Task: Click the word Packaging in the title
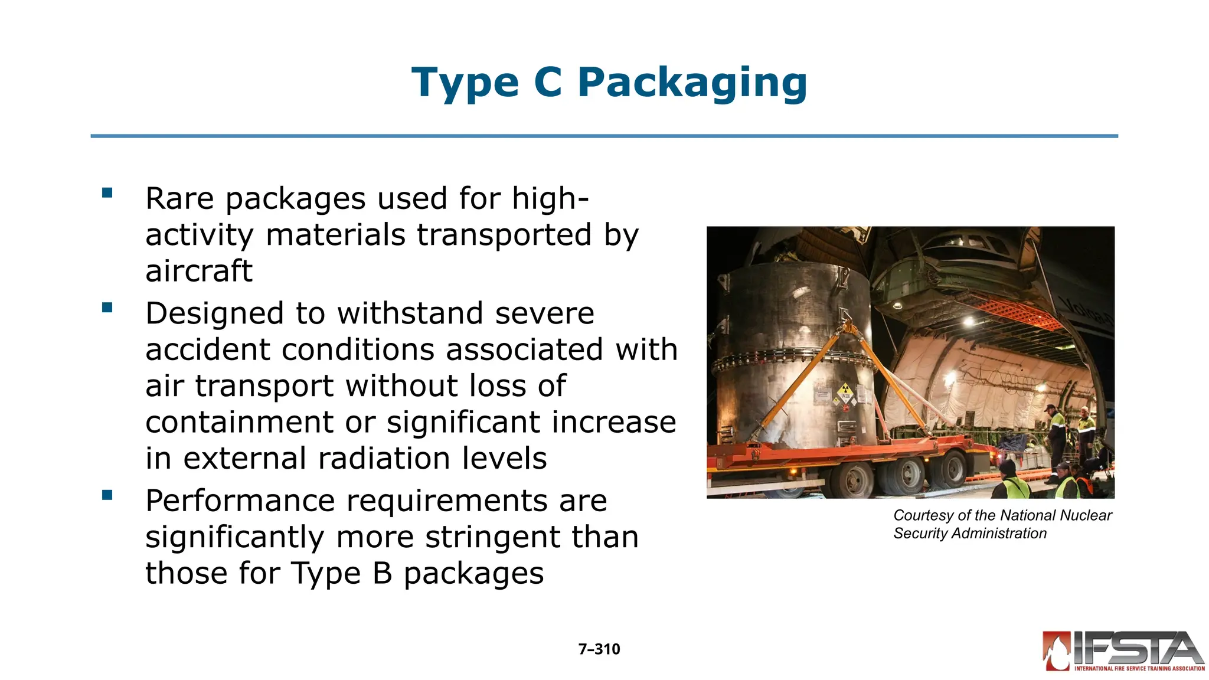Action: coord(692,83)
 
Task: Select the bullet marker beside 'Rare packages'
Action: coord(107,192)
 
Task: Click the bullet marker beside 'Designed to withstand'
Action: coord(107,308)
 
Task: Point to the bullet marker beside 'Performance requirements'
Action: coord(107,495)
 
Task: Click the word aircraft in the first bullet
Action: coord(199,271)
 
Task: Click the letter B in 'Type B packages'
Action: coord(383,573)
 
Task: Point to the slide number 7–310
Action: coord(599,649)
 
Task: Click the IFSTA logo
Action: coord(1123,651)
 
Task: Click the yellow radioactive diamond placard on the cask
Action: coord(845,392)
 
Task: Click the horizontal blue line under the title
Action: coord(604,136)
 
